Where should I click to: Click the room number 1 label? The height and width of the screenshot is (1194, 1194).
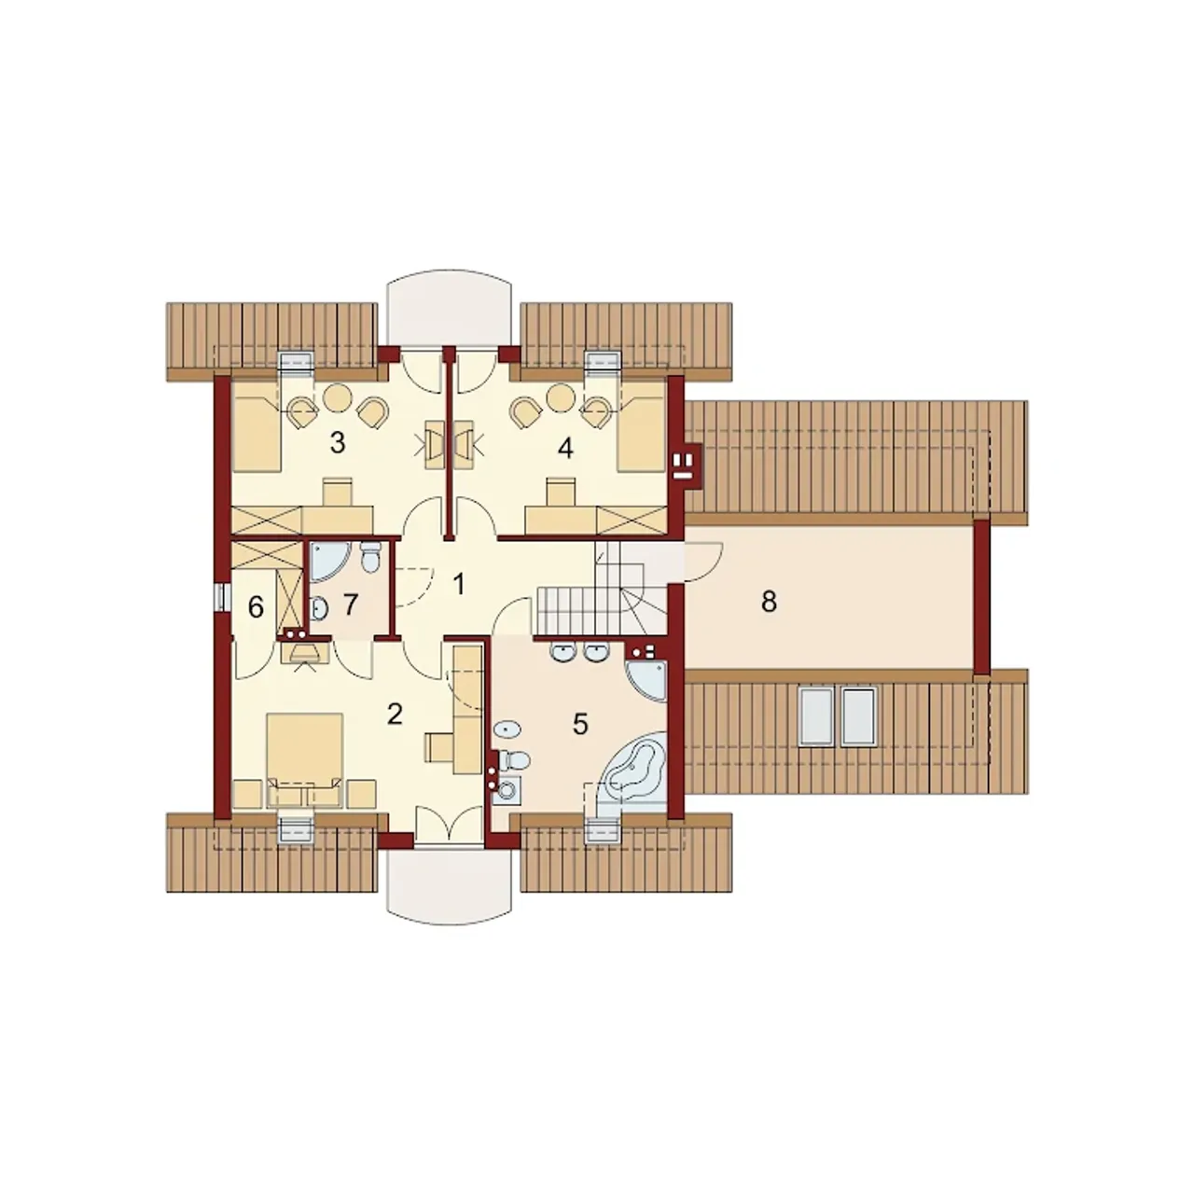click(459, 584)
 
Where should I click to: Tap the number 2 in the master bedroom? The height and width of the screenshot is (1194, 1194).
click(394, 715)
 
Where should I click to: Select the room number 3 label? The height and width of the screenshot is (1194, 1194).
click(337, 443)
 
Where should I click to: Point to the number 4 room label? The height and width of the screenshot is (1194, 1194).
click(565, 448)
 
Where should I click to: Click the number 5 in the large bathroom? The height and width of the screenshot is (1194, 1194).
click(580, 724)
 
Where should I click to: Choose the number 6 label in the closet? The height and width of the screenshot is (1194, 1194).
click(256, 608)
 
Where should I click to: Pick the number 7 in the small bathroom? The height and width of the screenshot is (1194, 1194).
click(350, 604)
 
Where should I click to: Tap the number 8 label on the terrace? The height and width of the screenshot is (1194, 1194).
click(769, 601)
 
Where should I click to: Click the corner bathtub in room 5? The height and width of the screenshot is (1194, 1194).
click(634, 767)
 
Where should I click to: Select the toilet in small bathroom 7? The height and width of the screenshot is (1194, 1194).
click(371, 557)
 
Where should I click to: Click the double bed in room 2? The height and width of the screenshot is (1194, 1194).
click(305, 760)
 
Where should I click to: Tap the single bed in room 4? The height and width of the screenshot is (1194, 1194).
click(642, 427)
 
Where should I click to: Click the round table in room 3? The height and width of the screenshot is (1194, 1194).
click(339, 397)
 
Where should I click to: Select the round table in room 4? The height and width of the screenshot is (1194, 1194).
click(562, 397)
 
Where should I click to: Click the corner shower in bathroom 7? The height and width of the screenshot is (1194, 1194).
click(328, 562)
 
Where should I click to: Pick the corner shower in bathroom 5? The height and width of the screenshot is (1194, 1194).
click(646, 680)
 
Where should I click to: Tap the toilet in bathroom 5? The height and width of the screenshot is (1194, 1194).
click(516, 758)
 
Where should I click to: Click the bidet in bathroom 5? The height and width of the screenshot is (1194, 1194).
click(508, 729)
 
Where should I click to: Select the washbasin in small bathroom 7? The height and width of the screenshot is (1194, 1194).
click(318, 608)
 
